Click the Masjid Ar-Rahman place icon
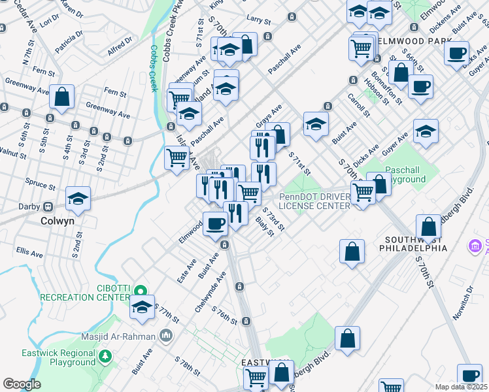tap(166, 336)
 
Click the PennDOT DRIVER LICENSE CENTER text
tap(315, 201)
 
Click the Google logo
tap(22, 384)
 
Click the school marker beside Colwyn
tap(78, 199)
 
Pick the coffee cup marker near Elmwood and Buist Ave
tap(215, 224)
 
